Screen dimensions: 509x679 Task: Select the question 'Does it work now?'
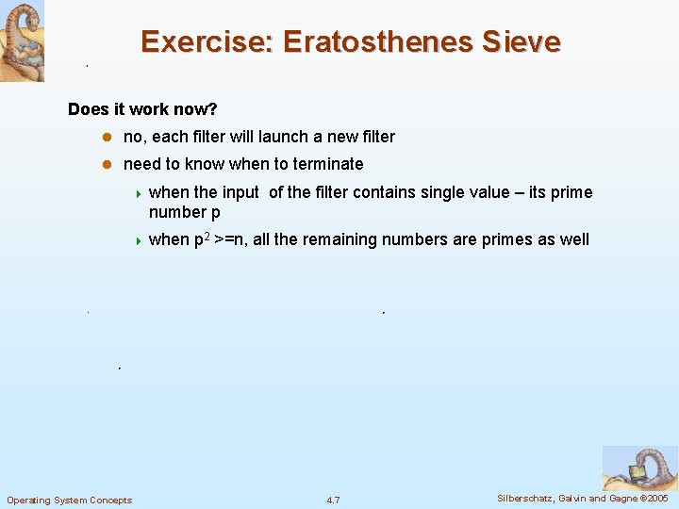tap(142, 109)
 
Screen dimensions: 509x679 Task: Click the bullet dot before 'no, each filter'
tap(107, 138)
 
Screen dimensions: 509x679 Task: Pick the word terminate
tap(328, 164)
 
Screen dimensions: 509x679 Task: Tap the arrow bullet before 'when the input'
tap(138, 193)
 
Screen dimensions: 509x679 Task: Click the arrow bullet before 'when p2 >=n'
tap(138, 240)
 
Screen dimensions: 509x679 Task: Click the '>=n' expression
tap(230, 239)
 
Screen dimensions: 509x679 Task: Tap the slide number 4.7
tap(333, 500)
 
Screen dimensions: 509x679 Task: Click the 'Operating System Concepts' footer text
tap(70, 500)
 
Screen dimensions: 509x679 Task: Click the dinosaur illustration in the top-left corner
tap(22, 41)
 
